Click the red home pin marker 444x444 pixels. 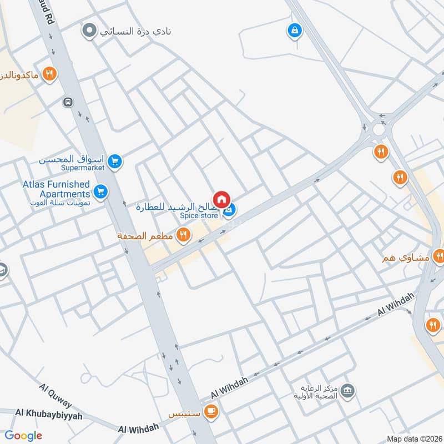pos(221,199)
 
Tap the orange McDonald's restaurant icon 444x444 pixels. pos(49,74)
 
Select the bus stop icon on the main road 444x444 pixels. pos(68,102)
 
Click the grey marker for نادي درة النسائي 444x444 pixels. pos(88,31)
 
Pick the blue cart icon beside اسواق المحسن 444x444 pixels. pos(115,162)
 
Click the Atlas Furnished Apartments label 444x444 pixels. pos(56,189)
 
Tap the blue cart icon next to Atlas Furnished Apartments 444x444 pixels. pos(100,192)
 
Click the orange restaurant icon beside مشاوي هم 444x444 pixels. pos(439,256)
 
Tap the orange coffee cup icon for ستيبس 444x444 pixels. pos(210,411)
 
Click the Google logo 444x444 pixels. pos(23,436)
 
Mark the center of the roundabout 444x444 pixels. pos(379,129)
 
